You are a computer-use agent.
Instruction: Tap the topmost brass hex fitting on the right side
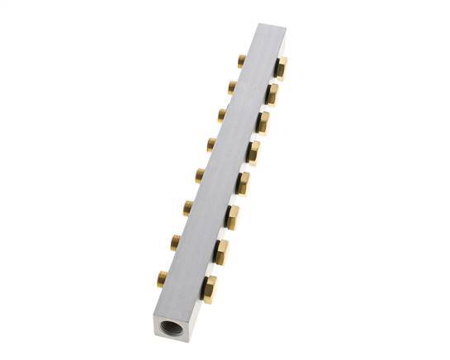click(281, 68)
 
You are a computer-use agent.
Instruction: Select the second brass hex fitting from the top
click(272, 94)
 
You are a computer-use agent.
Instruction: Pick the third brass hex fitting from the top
click(263, 122)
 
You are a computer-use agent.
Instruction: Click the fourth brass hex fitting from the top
click(253, 152)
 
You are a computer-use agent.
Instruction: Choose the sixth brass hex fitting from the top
click(232, 216)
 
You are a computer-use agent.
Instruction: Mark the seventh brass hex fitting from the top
click(221, 249)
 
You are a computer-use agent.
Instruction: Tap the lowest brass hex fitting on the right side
click(210, 286)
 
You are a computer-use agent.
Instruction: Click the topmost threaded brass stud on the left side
click(240, 60)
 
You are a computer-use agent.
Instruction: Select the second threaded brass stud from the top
click(230, 85)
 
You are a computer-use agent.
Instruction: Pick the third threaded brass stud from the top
click(221, 113)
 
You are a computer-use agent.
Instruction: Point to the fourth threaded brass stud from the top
click(211, 143)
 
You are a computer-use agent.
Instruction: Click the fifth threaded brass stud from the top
click(200, 173)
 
